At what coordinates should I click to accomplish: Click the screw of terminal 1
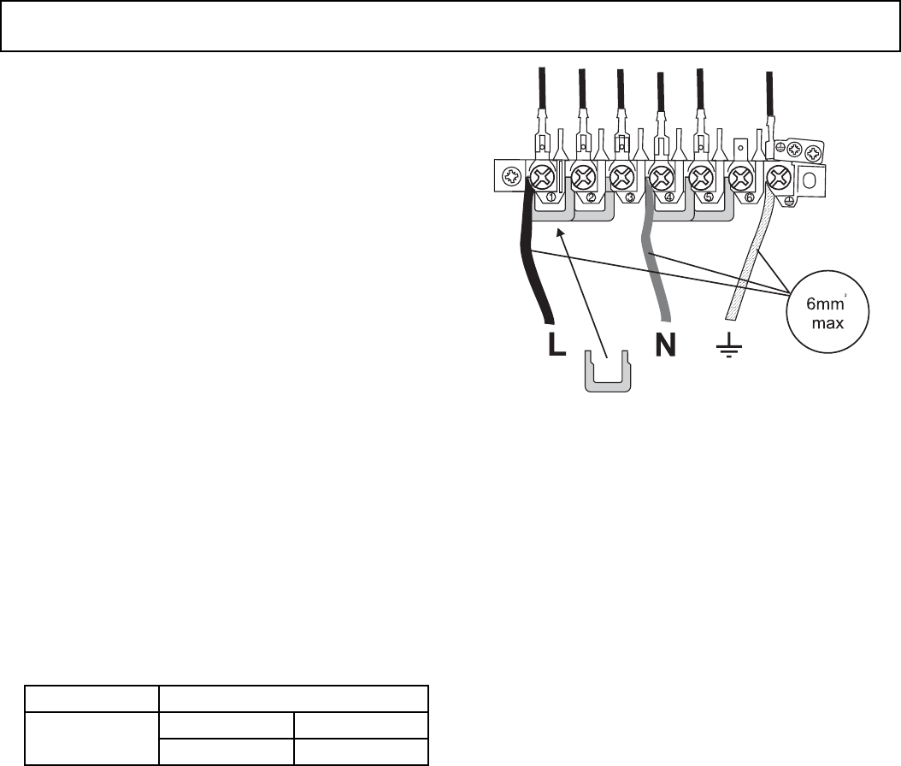(542, 179)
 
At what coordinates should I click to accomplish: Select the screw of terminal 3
(621, 179)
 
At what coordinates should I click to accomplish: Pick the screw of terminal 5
(700, 179)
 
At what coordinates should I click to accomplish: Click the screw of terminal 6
(739, 179)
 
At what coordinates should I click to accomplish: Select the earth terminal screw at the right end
(779, 179)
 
